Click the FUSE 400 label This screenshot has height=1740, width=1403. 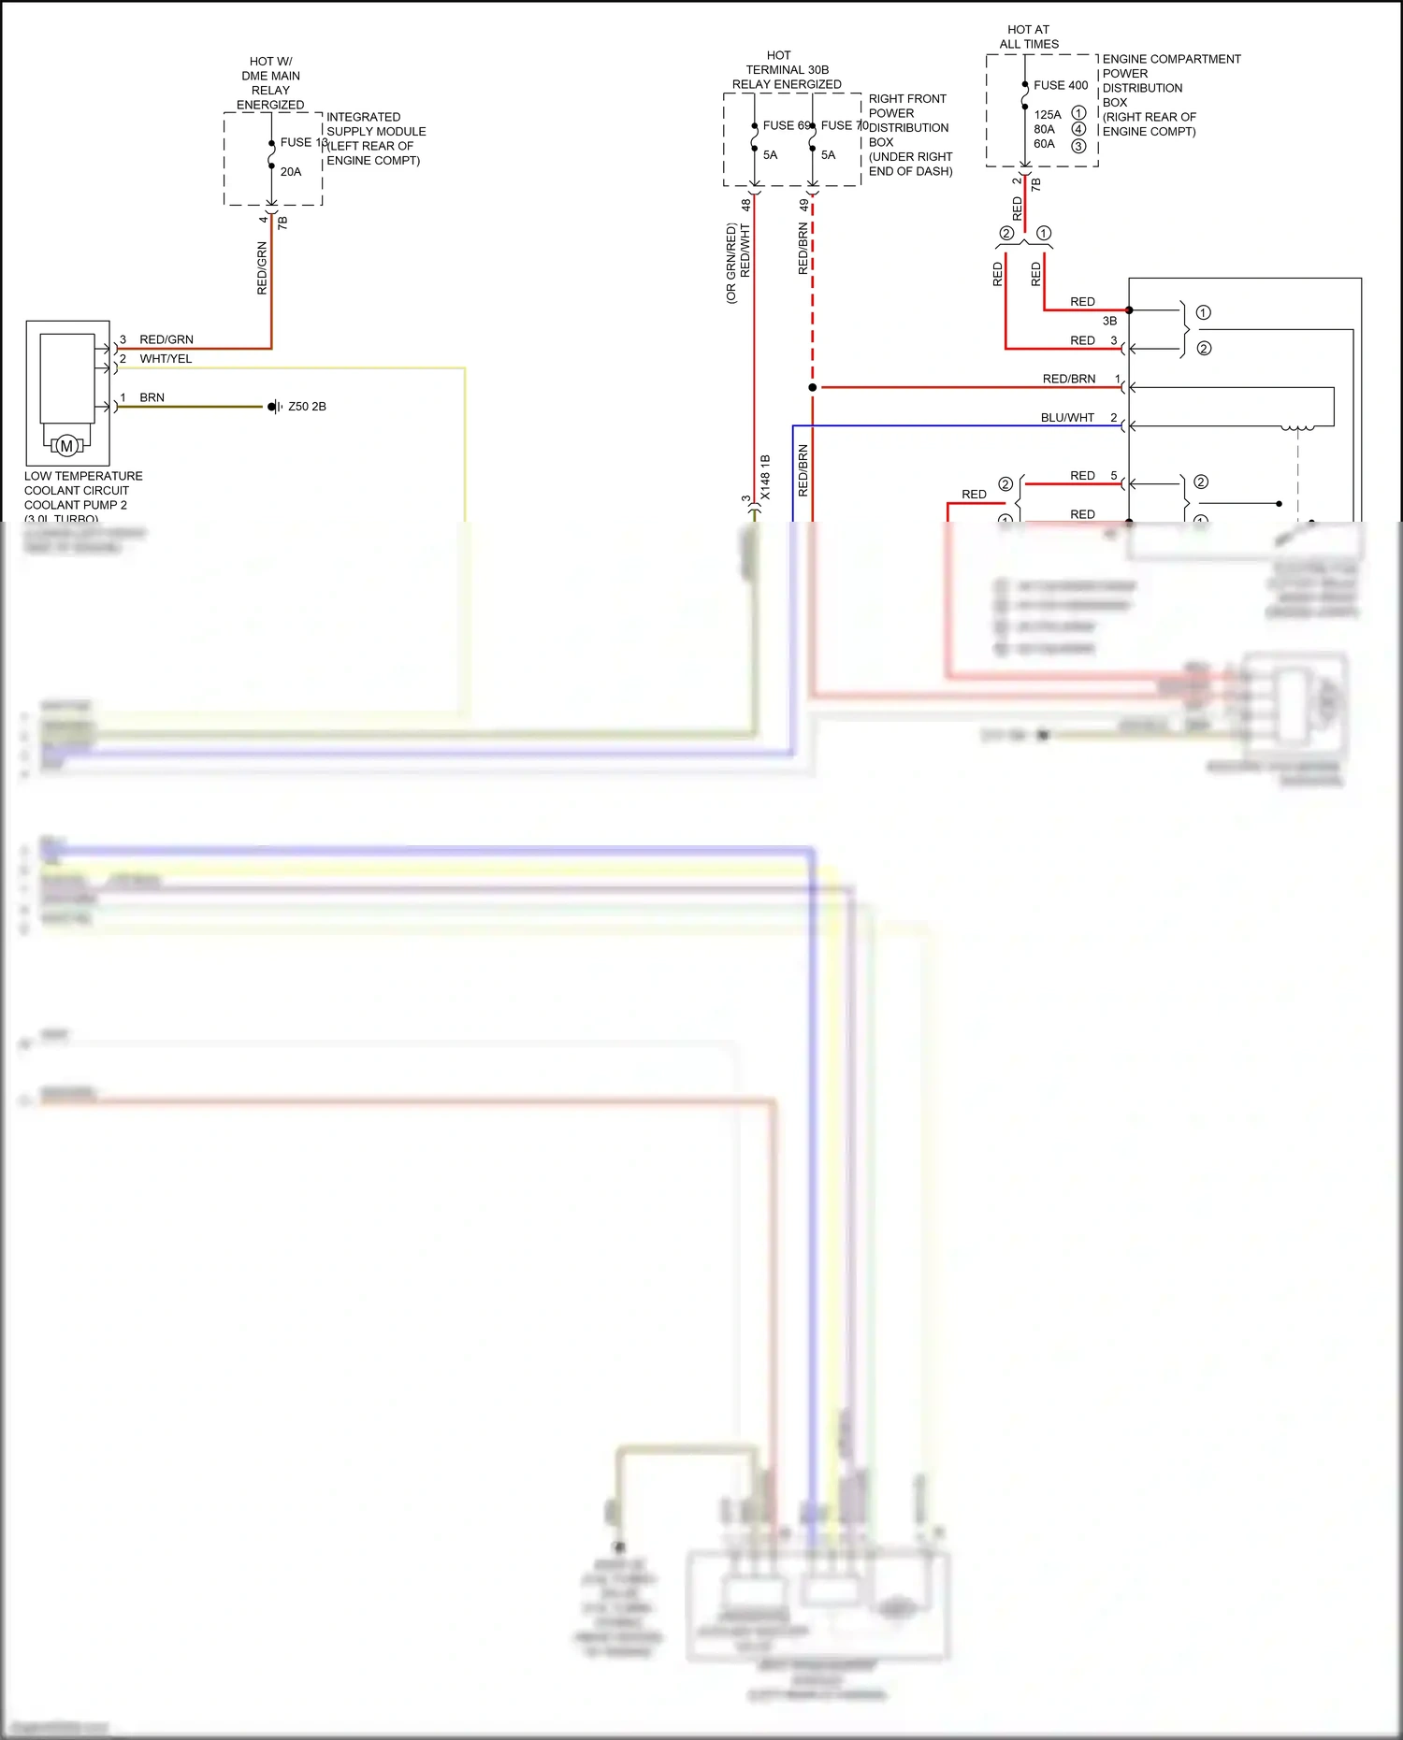[1061, 85]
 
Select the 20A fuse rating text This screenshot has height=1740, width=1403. [291, 172]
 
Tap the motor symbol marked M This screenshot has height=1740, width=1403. [66, 446]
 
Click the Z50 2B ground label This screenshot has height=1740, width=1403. [307, 407]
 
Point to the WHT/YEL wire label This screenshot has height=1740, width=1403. [166, 359]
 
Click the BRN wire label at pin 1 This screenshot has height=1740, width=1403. [152, 397]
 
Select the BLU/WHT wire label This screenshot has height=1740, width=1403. [1067, 418]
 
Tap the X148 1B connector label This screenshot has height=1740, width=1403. [765, 477]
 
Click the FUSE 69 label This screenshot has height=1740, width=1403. [786, 125]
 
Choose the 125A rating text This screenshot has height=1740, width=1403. [1048, 115]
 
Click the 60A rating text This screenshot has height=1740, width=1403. [1044, 144]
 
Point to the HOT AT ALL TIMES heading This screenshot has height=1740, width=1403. [1029, 36]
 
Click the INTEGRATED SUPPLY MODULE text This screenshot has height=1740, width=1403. [376, 124]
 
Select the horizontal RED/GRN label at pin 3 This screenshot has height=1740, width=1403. [166, 339]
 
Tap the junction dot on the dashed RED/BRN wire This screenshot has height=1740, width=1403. [813, 387]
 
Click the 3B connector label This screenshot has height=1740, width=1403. [1109, 321]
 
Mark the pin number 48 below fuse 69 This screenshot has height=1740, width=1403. [745, 204]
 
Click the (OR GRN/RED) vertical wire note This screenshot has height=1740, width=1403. [731, 264]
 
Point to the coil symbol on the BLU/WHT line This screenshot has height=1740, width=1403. [1297, 428]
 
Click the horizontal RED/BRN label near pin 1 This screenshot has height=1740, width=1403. [1069, 379]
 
